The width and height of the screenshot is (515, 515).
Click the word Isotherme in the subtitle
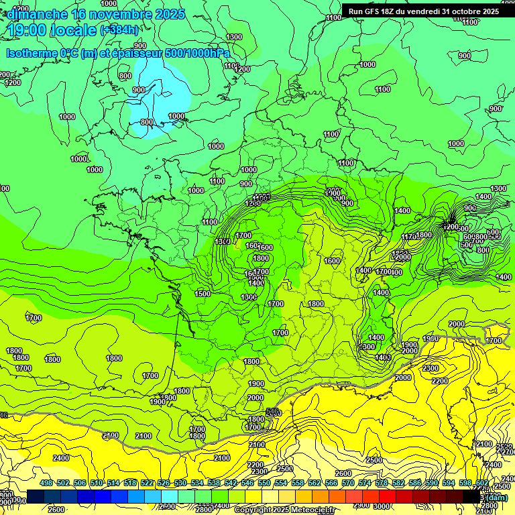[x=33, y=53]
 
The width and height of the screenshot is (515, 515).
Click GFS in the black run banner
[x=374, y=11]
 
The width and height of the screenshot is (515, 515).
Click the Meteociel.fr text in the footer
[x=311, y=510]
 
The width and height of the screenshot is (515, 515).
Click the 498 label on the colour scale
[x=46, y=483]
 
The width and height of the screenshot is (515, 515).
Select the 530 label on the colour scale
[x=180, y=483]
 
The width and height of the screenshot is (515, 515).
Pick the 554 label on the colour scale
[x=281, y=483]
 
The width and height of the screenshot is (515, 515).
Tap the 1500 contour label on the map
[x=203, y=294]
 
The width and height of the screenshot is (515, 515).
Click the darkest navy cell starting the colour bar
[x=36, y=497]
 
